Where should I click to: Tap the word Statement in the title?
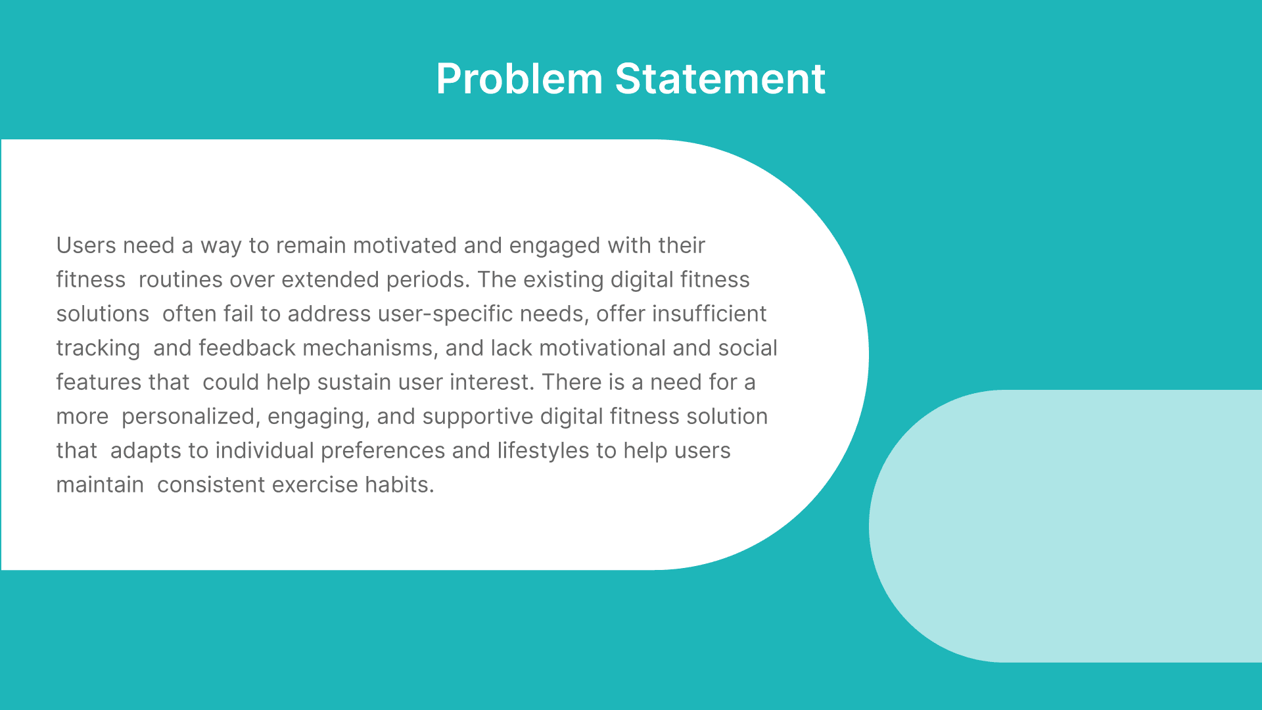720,79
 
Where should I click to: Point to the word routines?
181,279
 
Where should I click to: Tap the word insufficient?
709,314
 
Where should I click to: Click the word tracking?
98,348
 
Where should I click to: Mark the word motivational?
603,348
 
